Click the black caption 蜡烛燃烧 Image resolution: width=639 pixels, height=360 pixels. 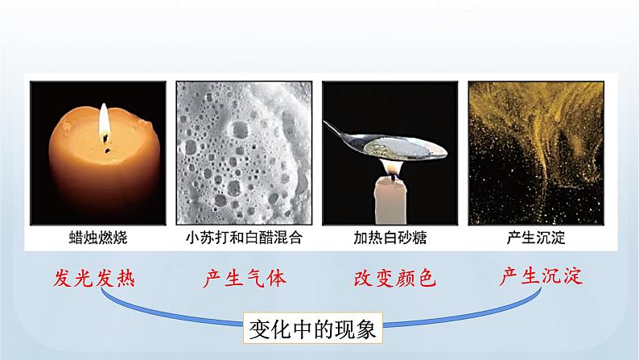99,238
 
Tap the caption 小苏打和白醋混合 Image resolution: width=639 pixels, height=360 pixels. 245,238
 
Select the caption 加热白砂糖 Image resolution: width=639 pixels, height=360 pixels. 390,238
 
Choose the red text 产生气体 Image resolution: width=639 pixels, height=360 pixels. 244,279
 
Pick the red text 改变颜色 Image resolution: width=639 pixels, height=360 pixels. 394,279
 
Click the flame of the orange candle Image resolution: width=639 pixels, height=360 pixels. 104,122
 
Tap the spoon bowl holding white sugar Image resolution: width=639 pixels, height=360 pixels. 402,147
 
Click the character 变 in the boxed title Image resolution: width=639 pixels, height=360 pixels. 259,330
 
